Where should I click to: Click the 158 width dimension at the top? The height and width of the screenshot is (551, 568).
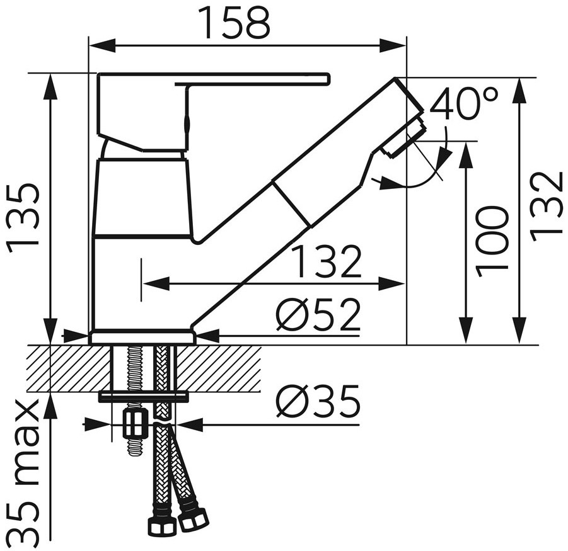(237, 23)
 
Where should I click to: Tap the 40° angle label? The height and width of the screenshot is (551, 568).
(464, 103)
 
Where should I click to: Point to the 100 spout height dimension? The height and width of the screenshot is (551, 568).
(490, 242)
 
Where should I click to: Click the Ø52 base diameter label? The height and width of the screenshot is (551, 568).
(319, 314)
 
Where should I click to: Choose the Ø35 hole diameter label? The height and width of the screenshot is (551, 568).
(319, 401)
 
